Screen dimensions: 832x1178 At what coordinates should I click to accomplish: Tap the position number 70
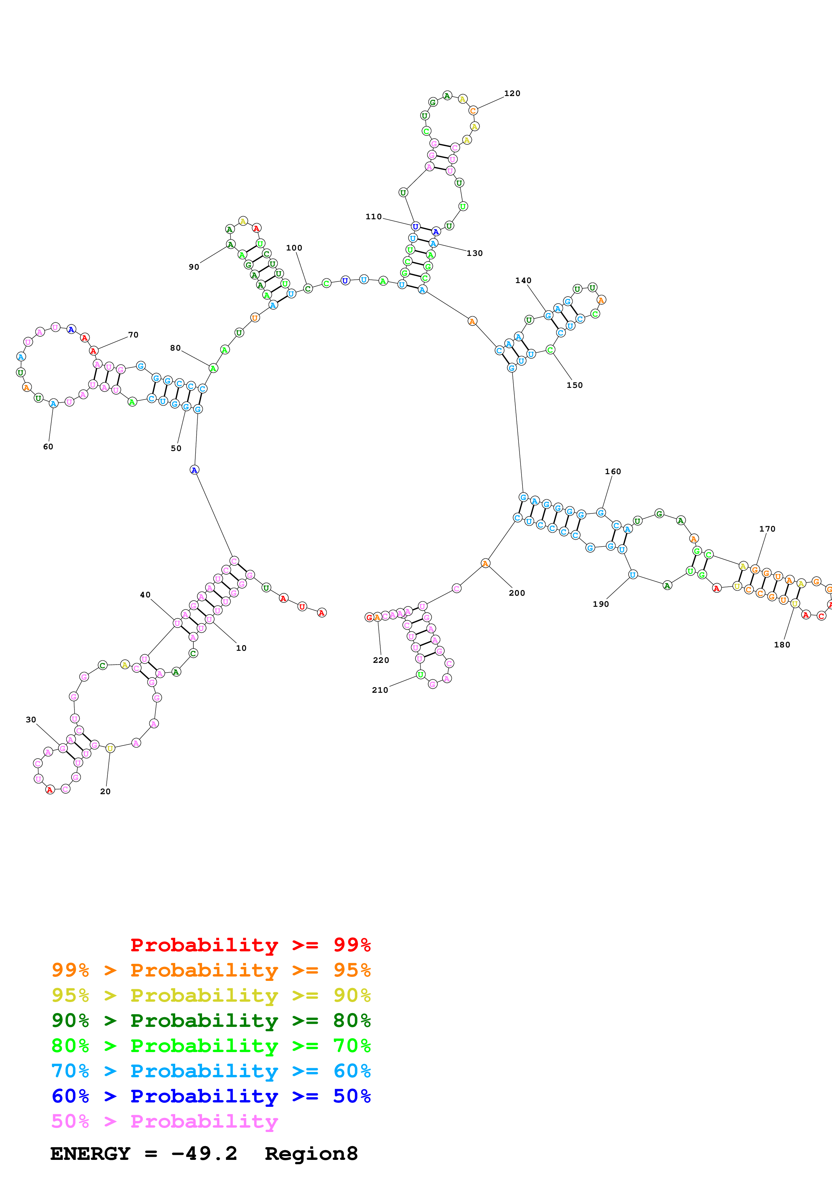(x=133, y=335)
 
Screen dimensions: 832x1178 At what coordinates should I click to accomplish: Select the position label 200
(x=517, y=593)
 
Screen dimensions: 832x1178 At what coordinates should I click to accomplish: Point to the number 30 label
(x=31, y=720)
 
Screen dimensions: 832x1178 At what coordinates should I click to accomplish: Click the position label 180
(x=782, y=645)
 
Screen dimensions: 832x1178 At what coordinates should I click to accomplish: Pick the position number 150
(x=574, y=385)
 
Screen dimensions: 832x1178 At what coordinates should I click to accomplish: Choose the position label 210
(x=380, y=690)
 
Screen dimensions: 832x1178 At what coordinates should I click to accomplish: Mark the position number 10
(x=241, y=648)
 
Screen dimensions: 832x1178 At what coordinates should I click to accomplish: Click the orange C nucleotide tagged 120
(x=473, y=111)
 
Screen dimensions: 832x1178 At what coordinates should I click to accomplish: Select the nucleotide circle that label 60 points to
(x=53, y=404)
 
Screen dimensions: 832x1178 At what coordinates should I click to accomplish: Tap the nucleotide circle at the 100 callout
(x=307, y=289)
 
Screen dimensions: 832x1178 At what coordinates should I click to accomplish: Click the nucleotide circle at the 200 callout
(x=485, y=564)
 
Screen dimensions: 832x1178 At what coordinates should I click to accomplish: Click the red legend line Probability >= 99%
(x=250, y=945)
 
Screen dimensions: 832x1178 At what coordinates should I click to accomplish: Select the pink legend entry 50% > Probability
(x=164, y=1122)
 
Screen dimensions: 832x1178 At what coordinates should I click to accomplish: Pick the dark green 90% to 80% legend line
(x=211, y=1021)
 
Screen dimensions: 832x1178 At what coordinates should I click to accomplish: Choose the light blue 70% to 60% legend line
(x=211, y=1071)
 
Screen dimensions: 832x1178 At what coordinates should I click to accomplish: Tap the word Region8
(x=311, y=1154)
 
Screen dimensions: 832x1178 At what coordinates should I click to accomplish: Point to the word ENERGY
(x=90, y=1154)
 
